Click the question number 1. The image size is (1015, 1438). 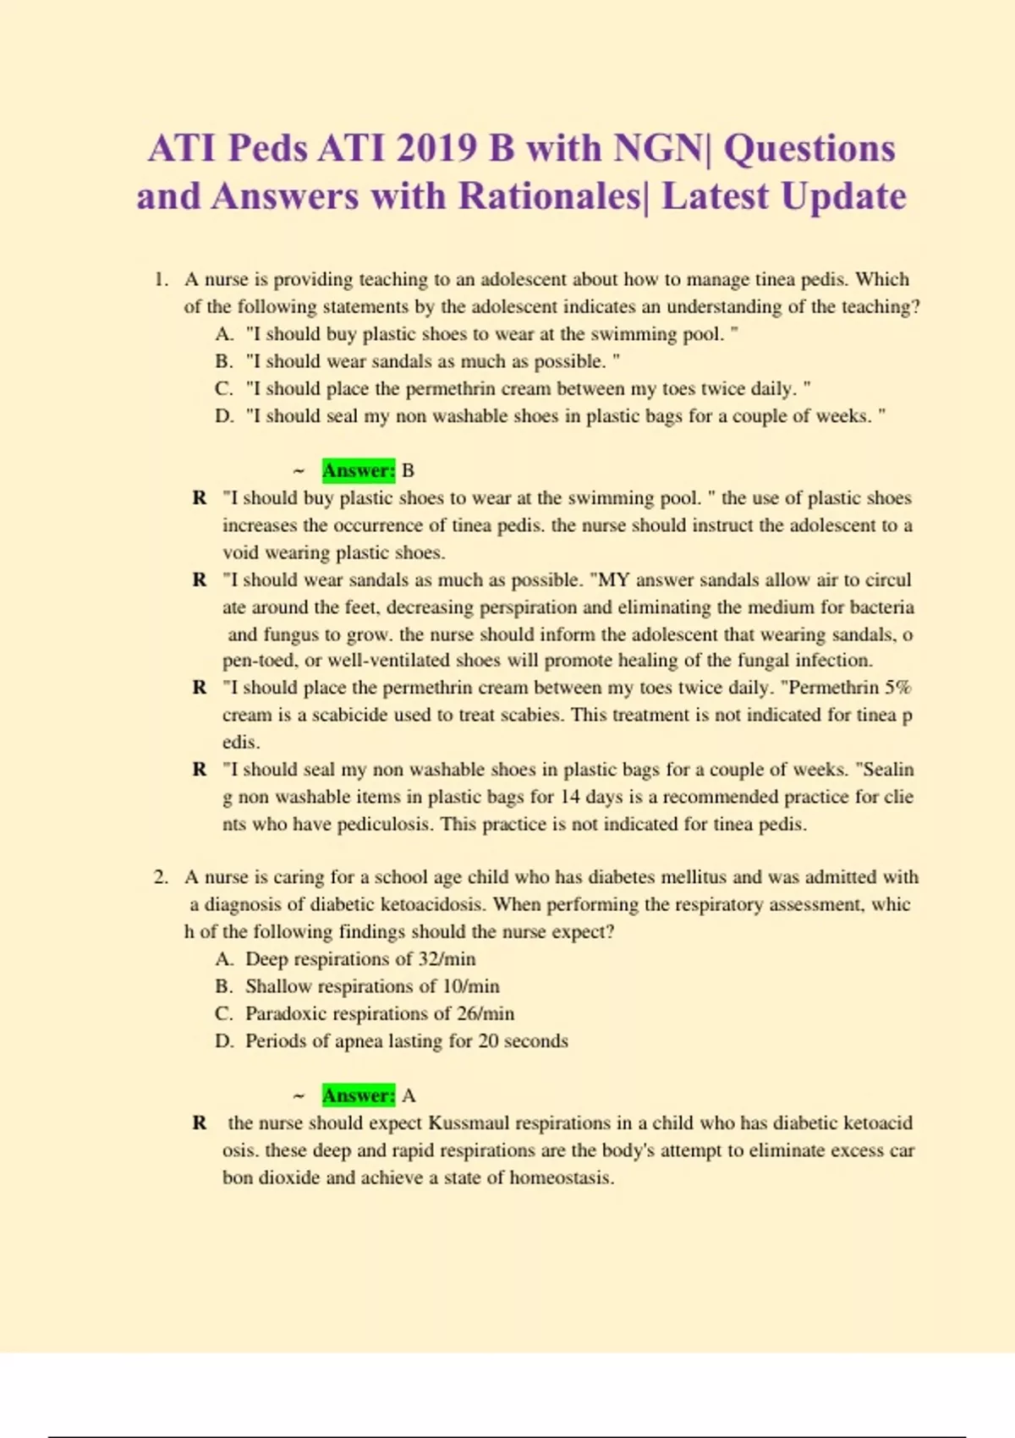coord(161,280)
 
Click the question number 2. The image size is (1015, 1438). coord(161,877)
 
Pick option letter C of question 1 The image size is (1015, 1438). coord(223,389)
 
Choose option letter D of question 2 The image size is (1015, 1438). coord(223,1041)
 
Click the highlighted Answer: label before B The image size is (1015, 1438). coord(358,470)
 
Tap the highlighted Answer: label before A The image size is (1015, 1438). coord(358,1095)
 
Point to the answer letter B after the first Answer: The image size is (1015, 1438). coord(408,470)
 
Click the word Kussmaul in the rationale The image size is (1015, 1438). coord(469,1123)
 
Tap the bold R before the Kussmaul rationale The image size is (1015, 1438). coord(200,1123)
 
